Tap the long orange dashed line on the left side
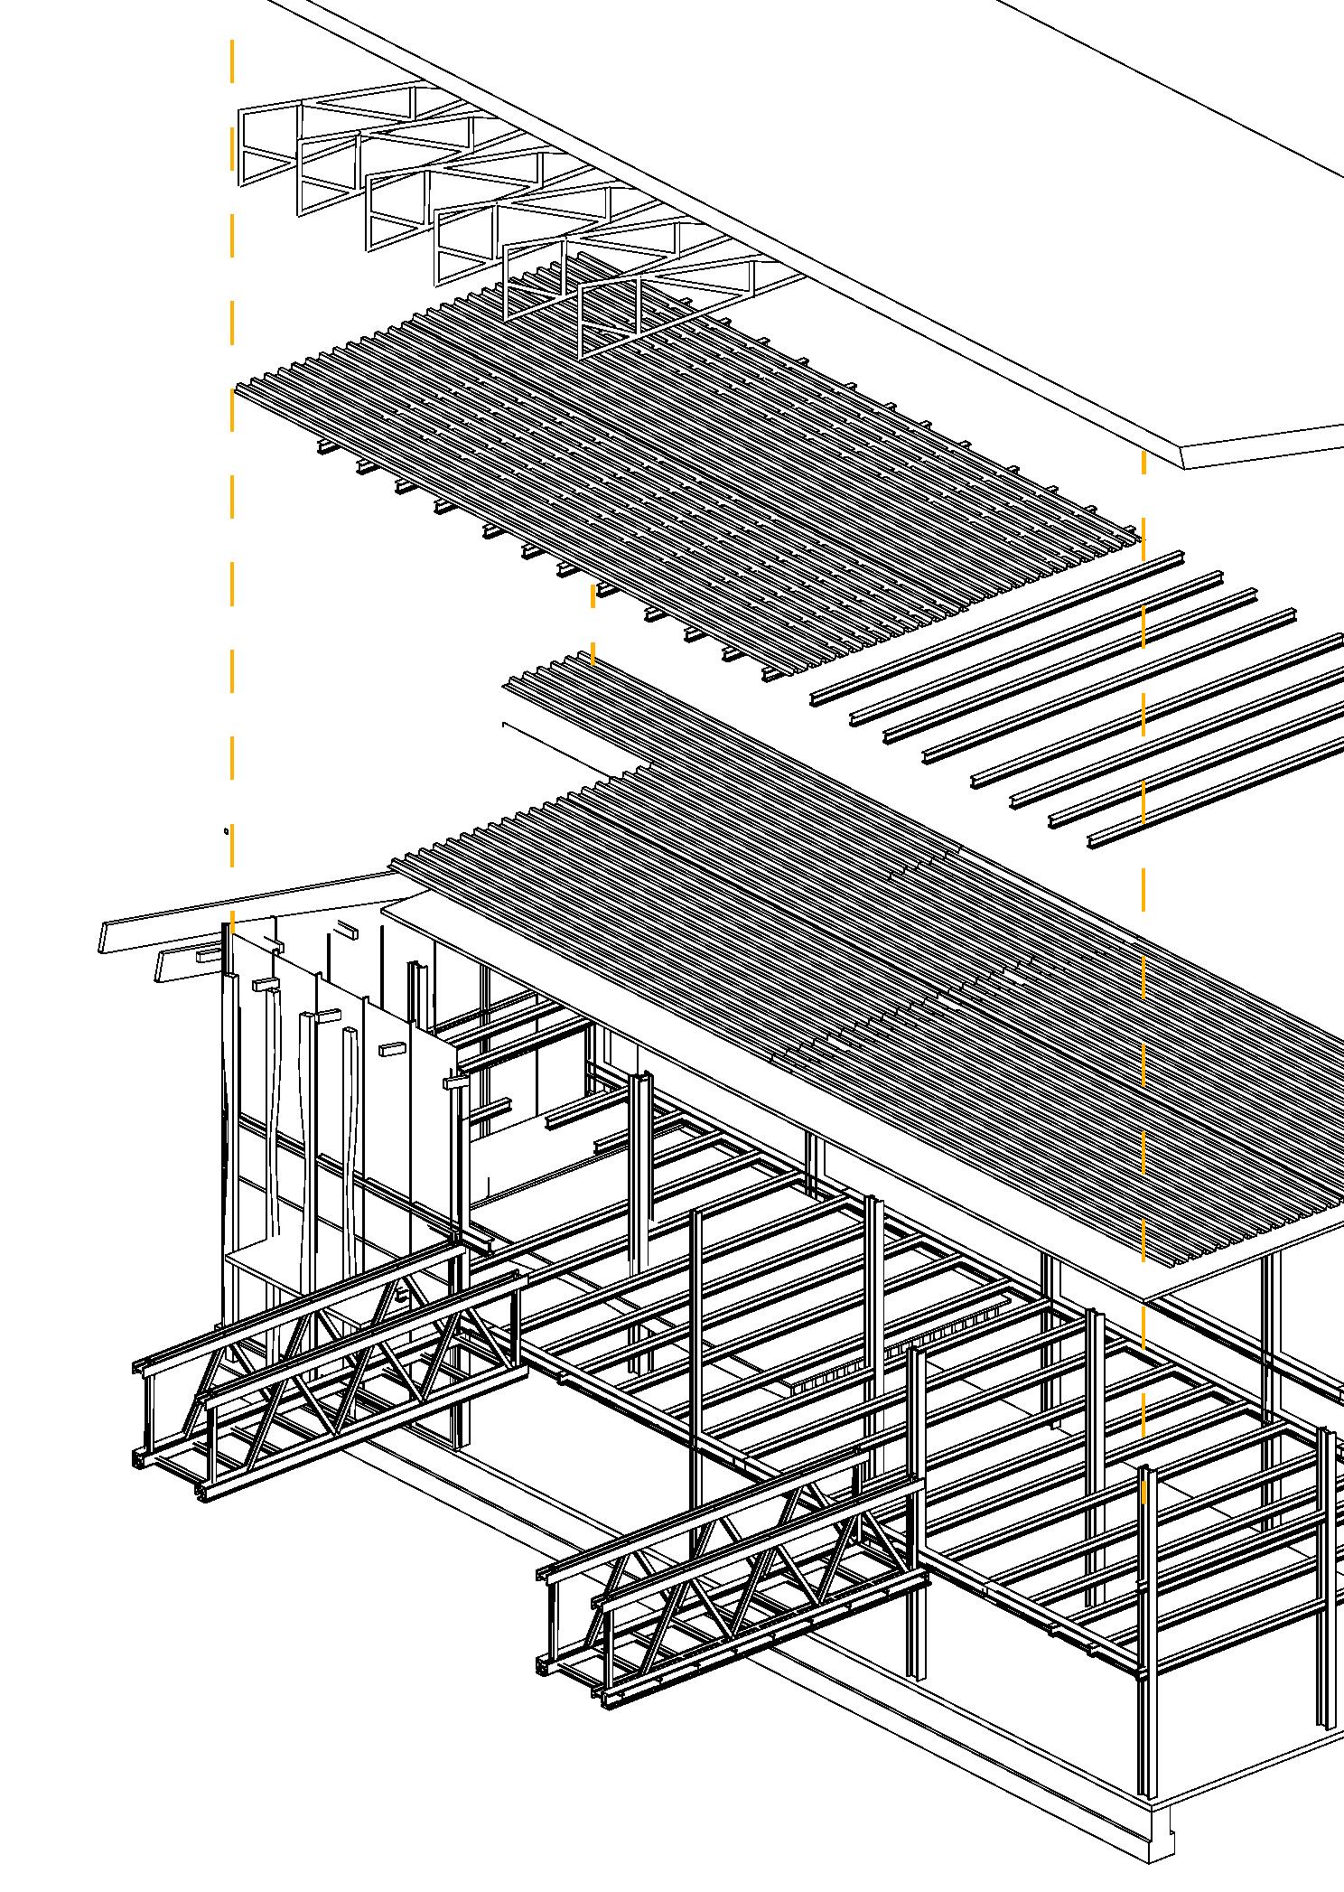pos(232,452)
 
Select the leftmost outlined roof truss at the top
pos(269,145)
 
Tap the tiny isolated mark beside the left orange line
pos(226,829)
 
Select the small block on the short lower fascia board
pos(207,954)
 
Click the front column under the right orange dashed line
pos(1145,1626)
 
